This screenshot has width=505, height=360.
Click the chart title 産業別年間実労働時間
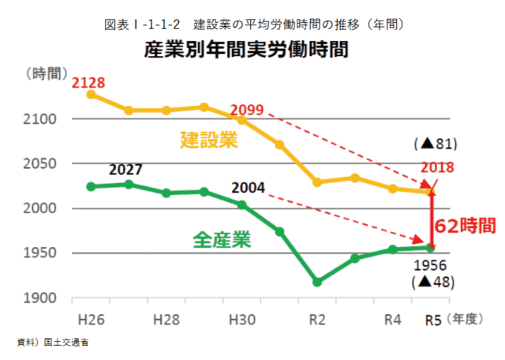pyautogui.click(x=245, y=50)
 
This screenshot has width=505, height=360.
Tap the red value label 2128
pyautogui.click(x=88, y=81)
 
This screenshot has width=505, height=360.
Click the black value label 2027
pyautogui.click(x=126, y=171)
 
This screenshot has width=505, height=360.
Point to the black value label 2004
pyautogui.click(x=249, y=189)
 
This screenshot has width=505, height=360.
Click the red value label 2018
pyautogui.click(x=436, y=167)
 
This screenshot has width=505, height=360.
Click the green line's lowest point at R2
pyautogui.click(x=317, y=282)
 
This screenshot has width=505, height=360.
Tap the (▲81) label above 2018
pyautogui.click(x=435, y=144)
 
